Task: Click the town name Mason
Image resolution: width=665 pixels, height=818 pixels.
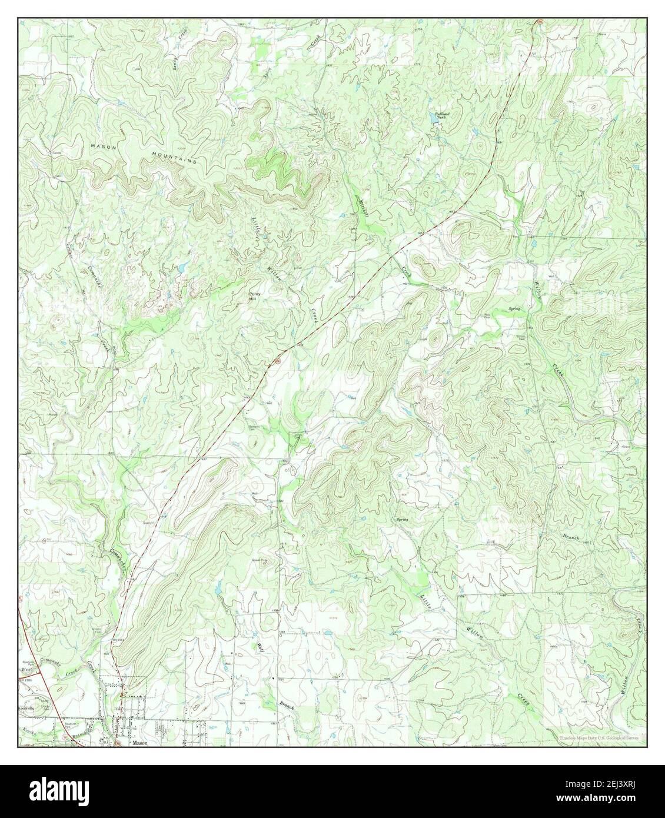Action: coord(139,743)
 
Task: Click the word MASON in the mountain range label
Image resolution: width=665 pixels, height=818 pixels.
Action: coord(102,144)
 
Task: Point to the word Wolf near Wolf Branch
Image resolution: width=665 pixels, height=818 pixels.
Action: coord(258,648)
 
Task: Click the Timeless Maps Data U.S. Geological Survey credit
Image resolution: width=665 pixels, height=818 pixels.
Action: coord(597,737)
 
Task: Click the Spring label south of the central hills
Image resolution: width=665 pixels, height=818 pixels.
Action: coord(403,520)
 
